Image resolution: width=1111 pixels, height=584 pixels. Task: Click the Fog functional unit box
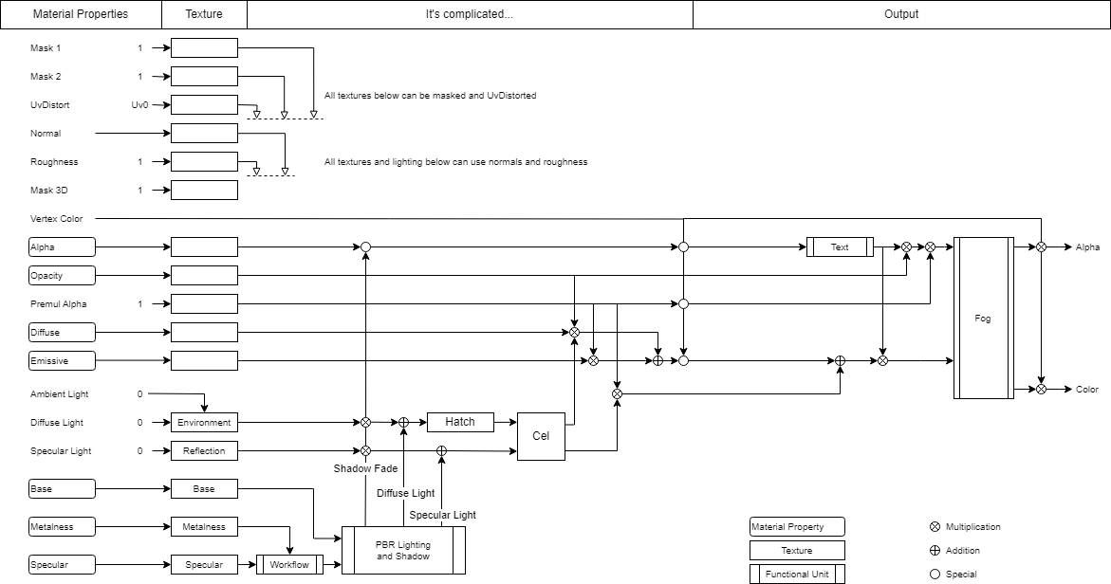pyautogui.click(x=983, y=319)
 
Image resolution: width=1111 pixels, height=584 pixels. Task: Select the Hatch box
pyautogui.click(x=460, y=422)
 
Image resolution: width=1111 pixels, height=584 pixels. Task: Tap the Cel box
pyautogui.click(x=541, y=436)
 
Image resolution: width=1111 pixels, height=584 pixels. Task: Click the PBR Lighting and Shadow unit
pyautogui.click(x=403, y=551)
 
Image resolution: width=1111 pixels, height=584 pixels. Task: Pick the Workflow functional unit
pyautogui.click(x=289, y=565)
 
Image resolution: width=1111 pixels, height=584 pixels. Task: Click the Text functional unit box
pyautogui.click(x=840, y=247)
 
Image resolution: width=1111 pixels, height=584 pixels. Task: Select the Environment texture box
pyautogui.click(x=204, y=423)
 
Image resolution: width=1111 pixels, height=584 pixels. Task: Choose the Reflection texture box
pyautogui.click(x=204, y=451)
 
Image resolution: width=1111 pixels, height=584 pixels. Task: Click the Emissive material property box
pyautogui.click(x=63, y=361)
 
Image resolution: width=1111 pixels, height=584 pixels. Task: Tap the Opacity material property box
pyautogui.click(x=63, y=276)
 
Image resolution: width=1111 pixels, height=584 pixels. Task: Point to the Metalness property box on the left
pyautogui.click(x=63, y=527)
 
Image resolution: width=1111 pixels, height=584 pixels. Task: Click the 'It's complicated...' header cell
pyautogui.click(x=470, y=14)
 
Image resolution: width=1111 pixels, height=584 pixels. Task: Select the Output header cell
pyautogui.click(x=901, y=14)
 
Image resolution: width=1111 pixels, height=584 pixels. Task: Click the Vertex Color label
pyautogui.click(x=57, y=219)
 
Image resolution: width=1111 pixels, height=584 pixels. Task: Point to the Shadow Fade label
pyautogui.click(x=365, y=469)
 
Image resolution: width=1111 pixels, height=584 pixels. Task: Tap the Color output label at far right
pyautogui.click(x=1087, y=390)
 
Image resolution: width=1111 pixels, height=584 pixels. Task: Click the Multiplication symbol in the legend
pyautogui.click(x=935, y=527)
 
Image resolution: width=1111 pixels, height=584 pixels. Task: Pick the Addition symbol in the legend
pyautogui.click(x=935, y=551)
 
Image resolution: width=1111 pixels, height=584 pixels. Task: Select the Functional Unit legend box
pyautogui.click(x=797, y=574)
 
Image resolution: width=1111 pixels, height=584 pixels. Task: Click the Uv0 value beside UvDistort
pyautogui.click(x=139, y=105)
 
